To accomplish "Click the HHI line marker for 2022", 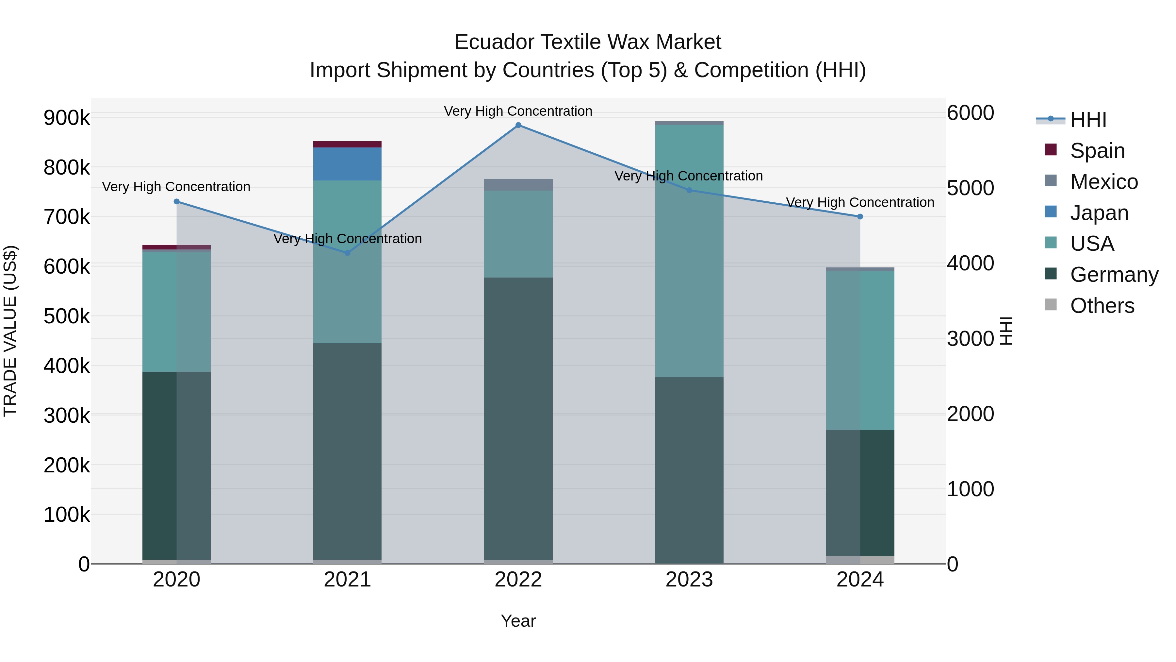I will pos(518,125).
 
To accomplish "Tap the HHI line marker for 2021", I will pos(348,253).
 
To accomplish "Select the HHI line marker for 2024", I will pos(860,216).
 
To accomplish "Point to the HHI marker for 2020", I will pos(177,201).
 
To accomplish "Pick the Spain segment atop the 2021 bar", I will pos(348,144).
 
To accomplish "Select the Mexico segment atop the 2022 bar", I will pos(518,185).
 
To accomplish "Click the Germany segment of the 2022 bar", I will pos(518,418).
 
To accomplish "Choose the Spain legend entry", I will pos(1097,150).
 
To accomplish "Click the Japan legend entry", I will pos(1099,212).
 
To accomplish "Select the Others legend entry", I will pos(1102,305).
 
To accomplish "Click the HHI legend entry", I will pos(1088,120).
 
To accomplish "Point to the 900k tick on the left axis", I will pos(67,118).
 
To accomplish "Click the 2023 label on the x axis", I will pos(689,580).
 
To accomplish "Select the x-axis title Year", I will pos(518,621).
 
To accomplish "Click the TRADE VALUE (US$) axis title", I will pos(10,331).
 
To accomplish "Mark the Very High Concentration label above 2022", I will pos(518,111).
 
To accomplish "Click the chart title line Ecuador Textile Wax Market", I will pos(588,42).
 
